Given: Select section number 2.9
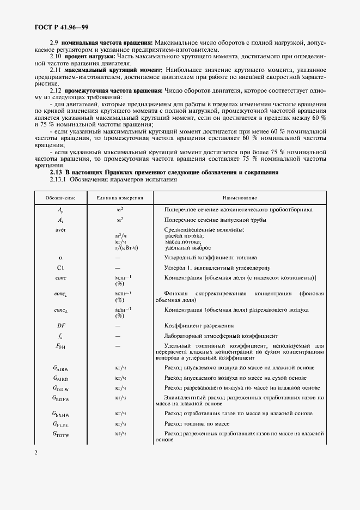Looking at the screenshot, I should (x=54, y=42).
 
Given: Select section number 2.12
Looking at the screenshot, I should (x=56, y=90).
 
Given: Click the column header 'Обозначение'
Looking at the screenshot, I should (x=60, y=198).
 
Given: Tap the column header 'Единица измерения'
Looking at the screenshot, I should (x=119, y=198).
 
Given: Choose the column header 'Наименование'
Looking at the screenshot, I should (x=239, y=198).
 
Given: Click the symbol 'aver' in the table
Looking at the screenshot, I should (x=60, y=229).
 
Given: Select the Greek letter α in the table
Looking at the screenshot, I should (x=60, y=257).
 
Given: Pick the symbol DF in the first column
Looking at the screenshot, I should (x=60, y=325).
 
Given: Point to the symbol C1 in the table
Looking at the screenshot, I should (x=60, y=268).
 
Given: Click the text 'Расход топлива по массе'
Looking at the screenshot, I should (x=199, y=423).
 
